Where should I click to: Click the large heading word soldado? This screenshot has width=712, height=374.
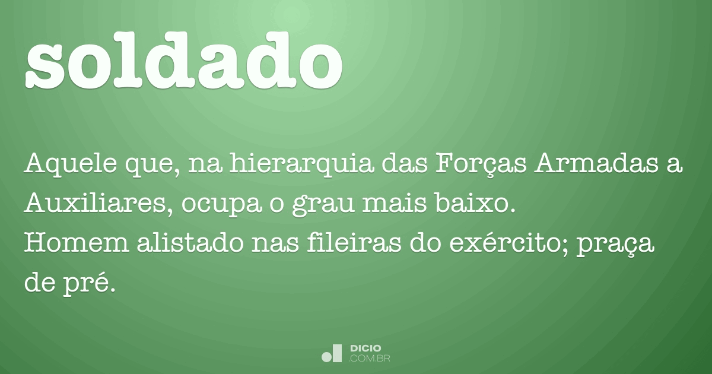(x=184, y=61)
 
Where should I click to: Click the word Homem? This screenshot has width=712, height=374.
(x=77, y=243)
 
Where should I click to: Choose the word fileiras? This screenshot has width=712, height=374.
(x=354, y=243)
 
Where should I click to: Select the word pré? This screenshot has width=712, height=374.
(x=88, y=284)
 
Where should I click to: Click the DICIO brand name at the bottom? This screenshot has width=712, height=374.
(x=365, y=349)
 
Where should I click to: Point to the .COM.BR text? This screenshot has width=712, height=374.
(x=369, y=359)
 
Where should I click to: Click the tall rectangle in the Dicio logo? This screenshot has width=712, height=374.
(x=337, y=353)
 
